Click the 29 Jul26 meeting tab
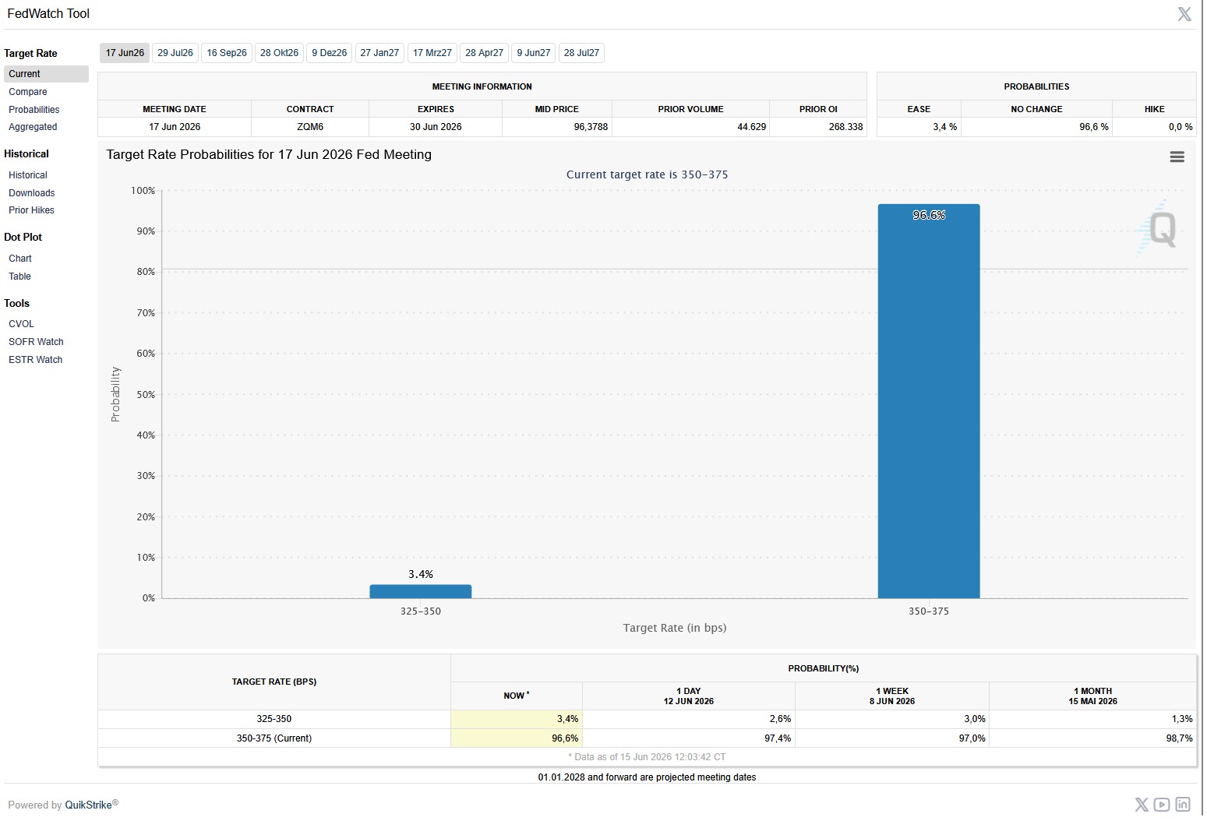click(175, 53)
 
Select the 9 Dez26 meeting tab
click(330, 53)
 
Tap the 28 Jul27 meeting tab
click(581, 53)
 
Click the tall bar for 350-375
click(928, 401)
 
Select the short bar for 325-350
click(420, 591)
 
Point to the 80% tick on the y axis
click(146, 272)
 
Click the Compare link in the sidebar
click(27, 92)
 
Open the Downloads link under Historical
click(31, 193)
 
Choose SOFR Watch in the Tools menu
click(36, 341)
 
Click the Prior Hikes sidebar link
click(31, 210)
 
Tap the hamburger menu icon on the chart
click(1177, 157)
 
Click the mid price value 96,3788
click(591, 127)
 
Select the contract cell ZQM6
click(310, 127)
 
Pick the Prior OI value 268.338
click(845, 127)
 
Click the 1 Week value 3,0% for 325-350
click(974, 719)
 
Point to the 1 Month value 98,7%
click(1179, 738)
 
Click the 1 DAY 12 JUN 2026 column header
click(688, 696)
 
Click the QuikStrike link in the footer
click(88, 805)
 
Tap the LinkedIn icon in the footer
click(1183, 805)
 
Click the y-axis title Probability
click(115, 394)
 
